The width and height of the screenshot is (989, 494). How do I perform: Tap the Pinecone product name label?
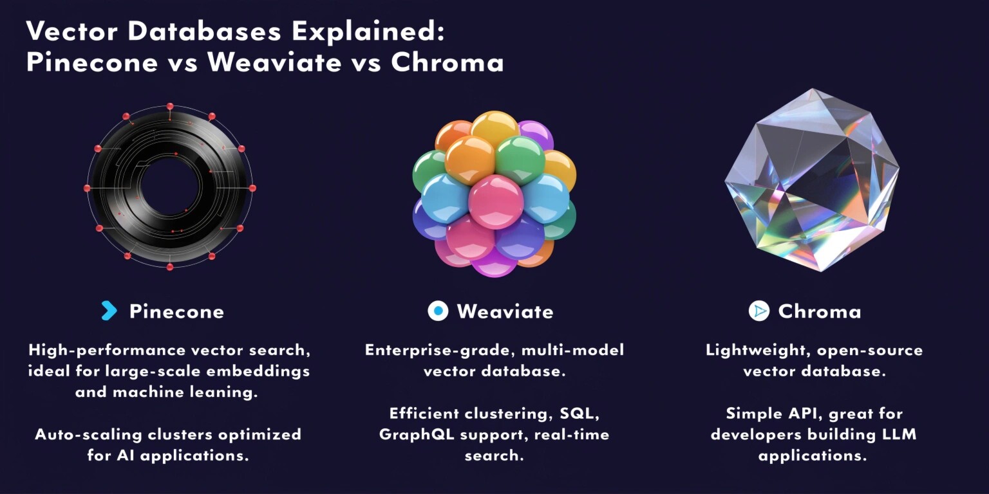pyautogui.click(x=176, y=311)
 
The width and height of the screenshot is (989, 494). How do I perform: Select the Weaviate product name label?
pyautogui.click(x=505, y=311)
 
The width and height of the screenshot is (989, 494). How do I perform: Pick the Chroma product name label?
pyautogui.click(x=819, y=311)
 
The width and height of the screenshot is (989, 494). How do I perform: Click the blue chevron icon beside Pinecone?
pyautogui.click(x=109, y=311)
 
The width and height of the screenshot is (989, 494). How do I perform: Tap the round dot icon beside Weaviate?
pyautogui.click(x=438, y=311)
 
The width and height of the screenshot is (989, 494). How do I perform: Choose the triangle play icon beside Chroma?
pyautogui.click(x=759, y=311)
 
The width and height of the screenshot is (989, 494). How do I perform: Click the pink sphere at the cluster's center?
pyautogui.click(x=495, y=201)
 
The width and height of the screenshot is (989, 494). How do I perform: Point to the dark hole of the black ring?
pyautogui.click(x=169, y=187)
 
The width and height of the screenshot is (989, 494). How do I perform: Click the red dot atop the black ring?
pyautogui.click(x=170, y=107)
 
